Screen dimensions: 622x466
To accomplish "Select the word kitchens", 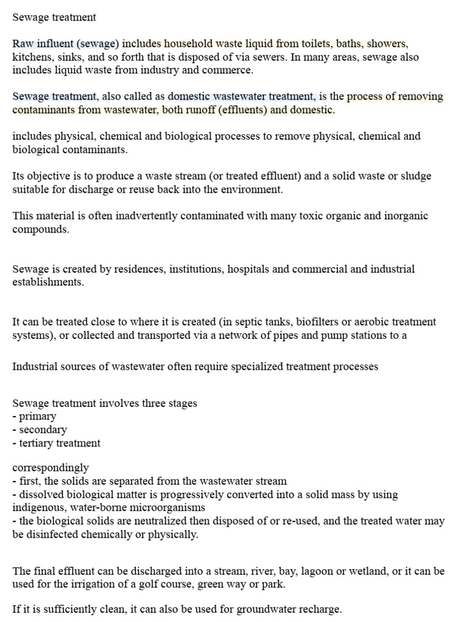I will coord(32,57).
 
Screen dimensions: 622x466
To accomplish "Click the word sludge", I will coord(416,176).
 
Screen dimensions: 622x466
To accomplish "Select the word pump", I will coord(316,335).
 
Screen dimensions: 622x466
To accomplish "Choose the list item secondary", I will coord(43,430).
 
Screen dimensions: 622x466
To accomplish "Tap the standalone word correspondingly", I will coord(50,468).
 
